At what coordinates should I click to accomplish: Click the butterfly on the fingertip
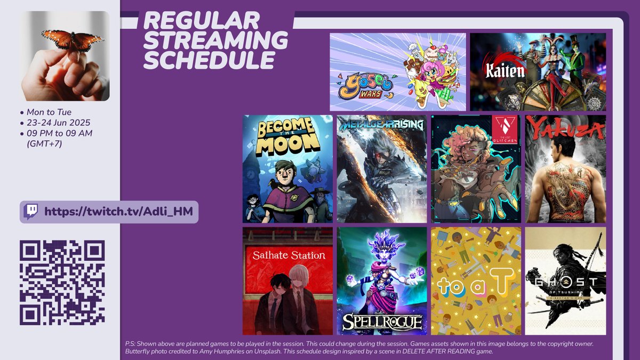(58, 38)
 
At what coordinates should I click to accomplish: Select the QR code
(62, 282)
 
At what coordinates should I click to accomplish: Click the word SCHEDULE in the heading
(209, 60)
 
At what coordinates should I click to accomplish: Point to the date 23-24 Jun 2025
(59, 123)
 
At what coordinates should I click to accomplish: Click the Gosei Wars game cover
(397, 71)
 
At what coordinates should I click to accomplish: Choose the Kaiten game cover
(538, 71)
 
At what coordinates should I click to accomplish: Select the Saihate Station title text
(287, 255)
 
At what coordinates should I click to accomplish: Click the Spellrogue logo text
(381, 322)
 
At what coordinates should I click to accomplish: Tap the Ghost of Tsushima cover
(565, 281)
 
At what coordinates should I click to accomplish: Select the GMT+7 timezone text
(45, 143)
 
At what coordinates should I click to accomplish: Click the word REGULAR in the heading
(201, 22)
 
